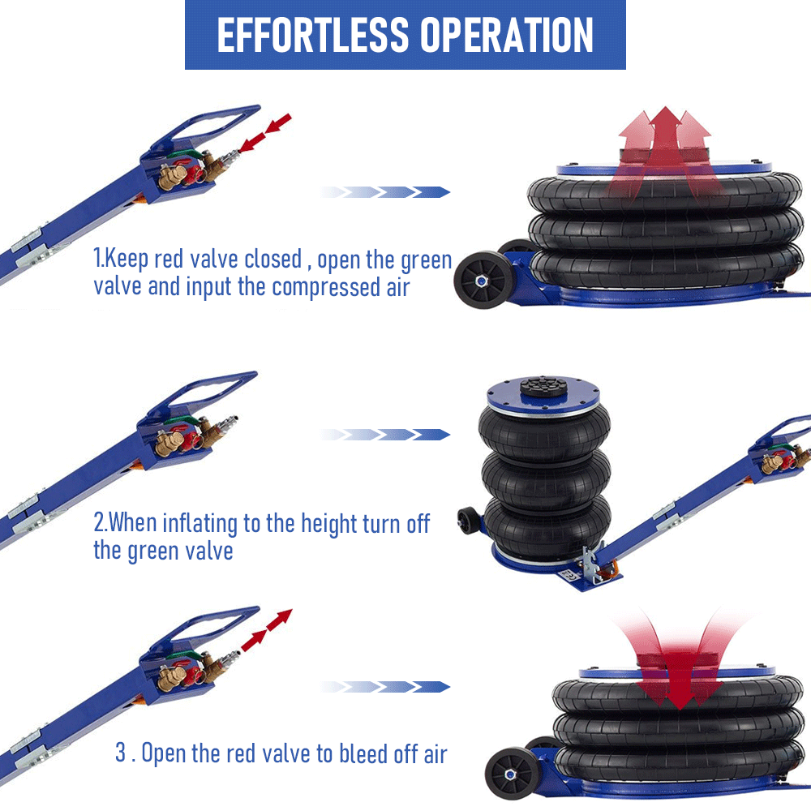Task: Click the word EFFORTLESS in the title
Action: [x=313, y=35]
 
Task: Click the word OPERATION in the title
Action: [x=506, y=35]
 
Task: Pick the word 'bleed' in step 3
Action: [x=363, y=753]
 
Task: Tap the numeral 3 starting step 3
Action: [x=121, y=753]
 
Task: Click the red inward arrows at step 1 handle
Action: [x=265, y=133]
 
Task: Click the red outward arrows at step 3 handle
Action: [x=267, y=629]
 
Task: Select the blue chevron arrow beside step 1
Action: [x=384, y=192]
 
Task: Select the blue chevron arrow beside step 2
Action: [x=384, y=435]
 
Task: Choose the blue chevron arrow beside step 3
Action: [x=384, y=687]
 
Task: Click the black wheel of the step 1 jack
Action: [x=483, y=280]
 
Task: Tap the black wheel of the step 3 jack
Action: [x=512, y=775]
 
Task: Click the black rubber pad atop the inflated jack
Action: [x=543, y=387]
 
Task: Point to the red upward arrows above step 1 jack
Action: [x=666, y=150]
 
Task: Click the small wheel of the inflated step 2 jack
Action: [x=469, y=521]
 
